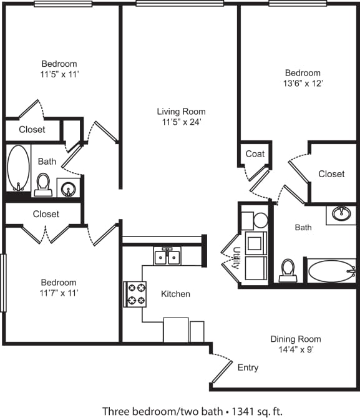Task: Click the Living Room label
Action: pos(181,112)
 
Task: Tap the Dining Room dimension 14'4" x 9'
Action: pos(296,350)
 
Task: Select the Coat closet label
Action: pos(255,153)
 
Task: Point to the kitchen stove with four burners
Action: pos(136,294)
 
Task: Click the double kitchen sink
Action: pos(167,256)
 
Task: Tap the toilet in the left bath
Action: pos(43,185)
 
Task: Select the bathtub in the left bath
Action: pos(18,168)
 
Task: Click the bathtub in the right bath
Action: pos(331,271)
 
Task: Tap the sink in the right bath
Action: pos(341,214)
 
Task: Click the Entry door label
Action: pos(248,367)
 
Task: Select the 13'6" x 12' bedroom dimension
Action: pos(303,83)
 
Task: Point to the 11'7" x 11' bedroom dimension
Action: pos(59,293)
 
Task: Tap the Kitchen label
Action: pos(175,294)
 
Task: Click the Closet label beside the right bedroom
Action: pos(331,174)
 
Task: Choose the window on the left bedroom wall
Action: pos(3,283)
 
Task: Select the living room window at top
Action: pos(179,4)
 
